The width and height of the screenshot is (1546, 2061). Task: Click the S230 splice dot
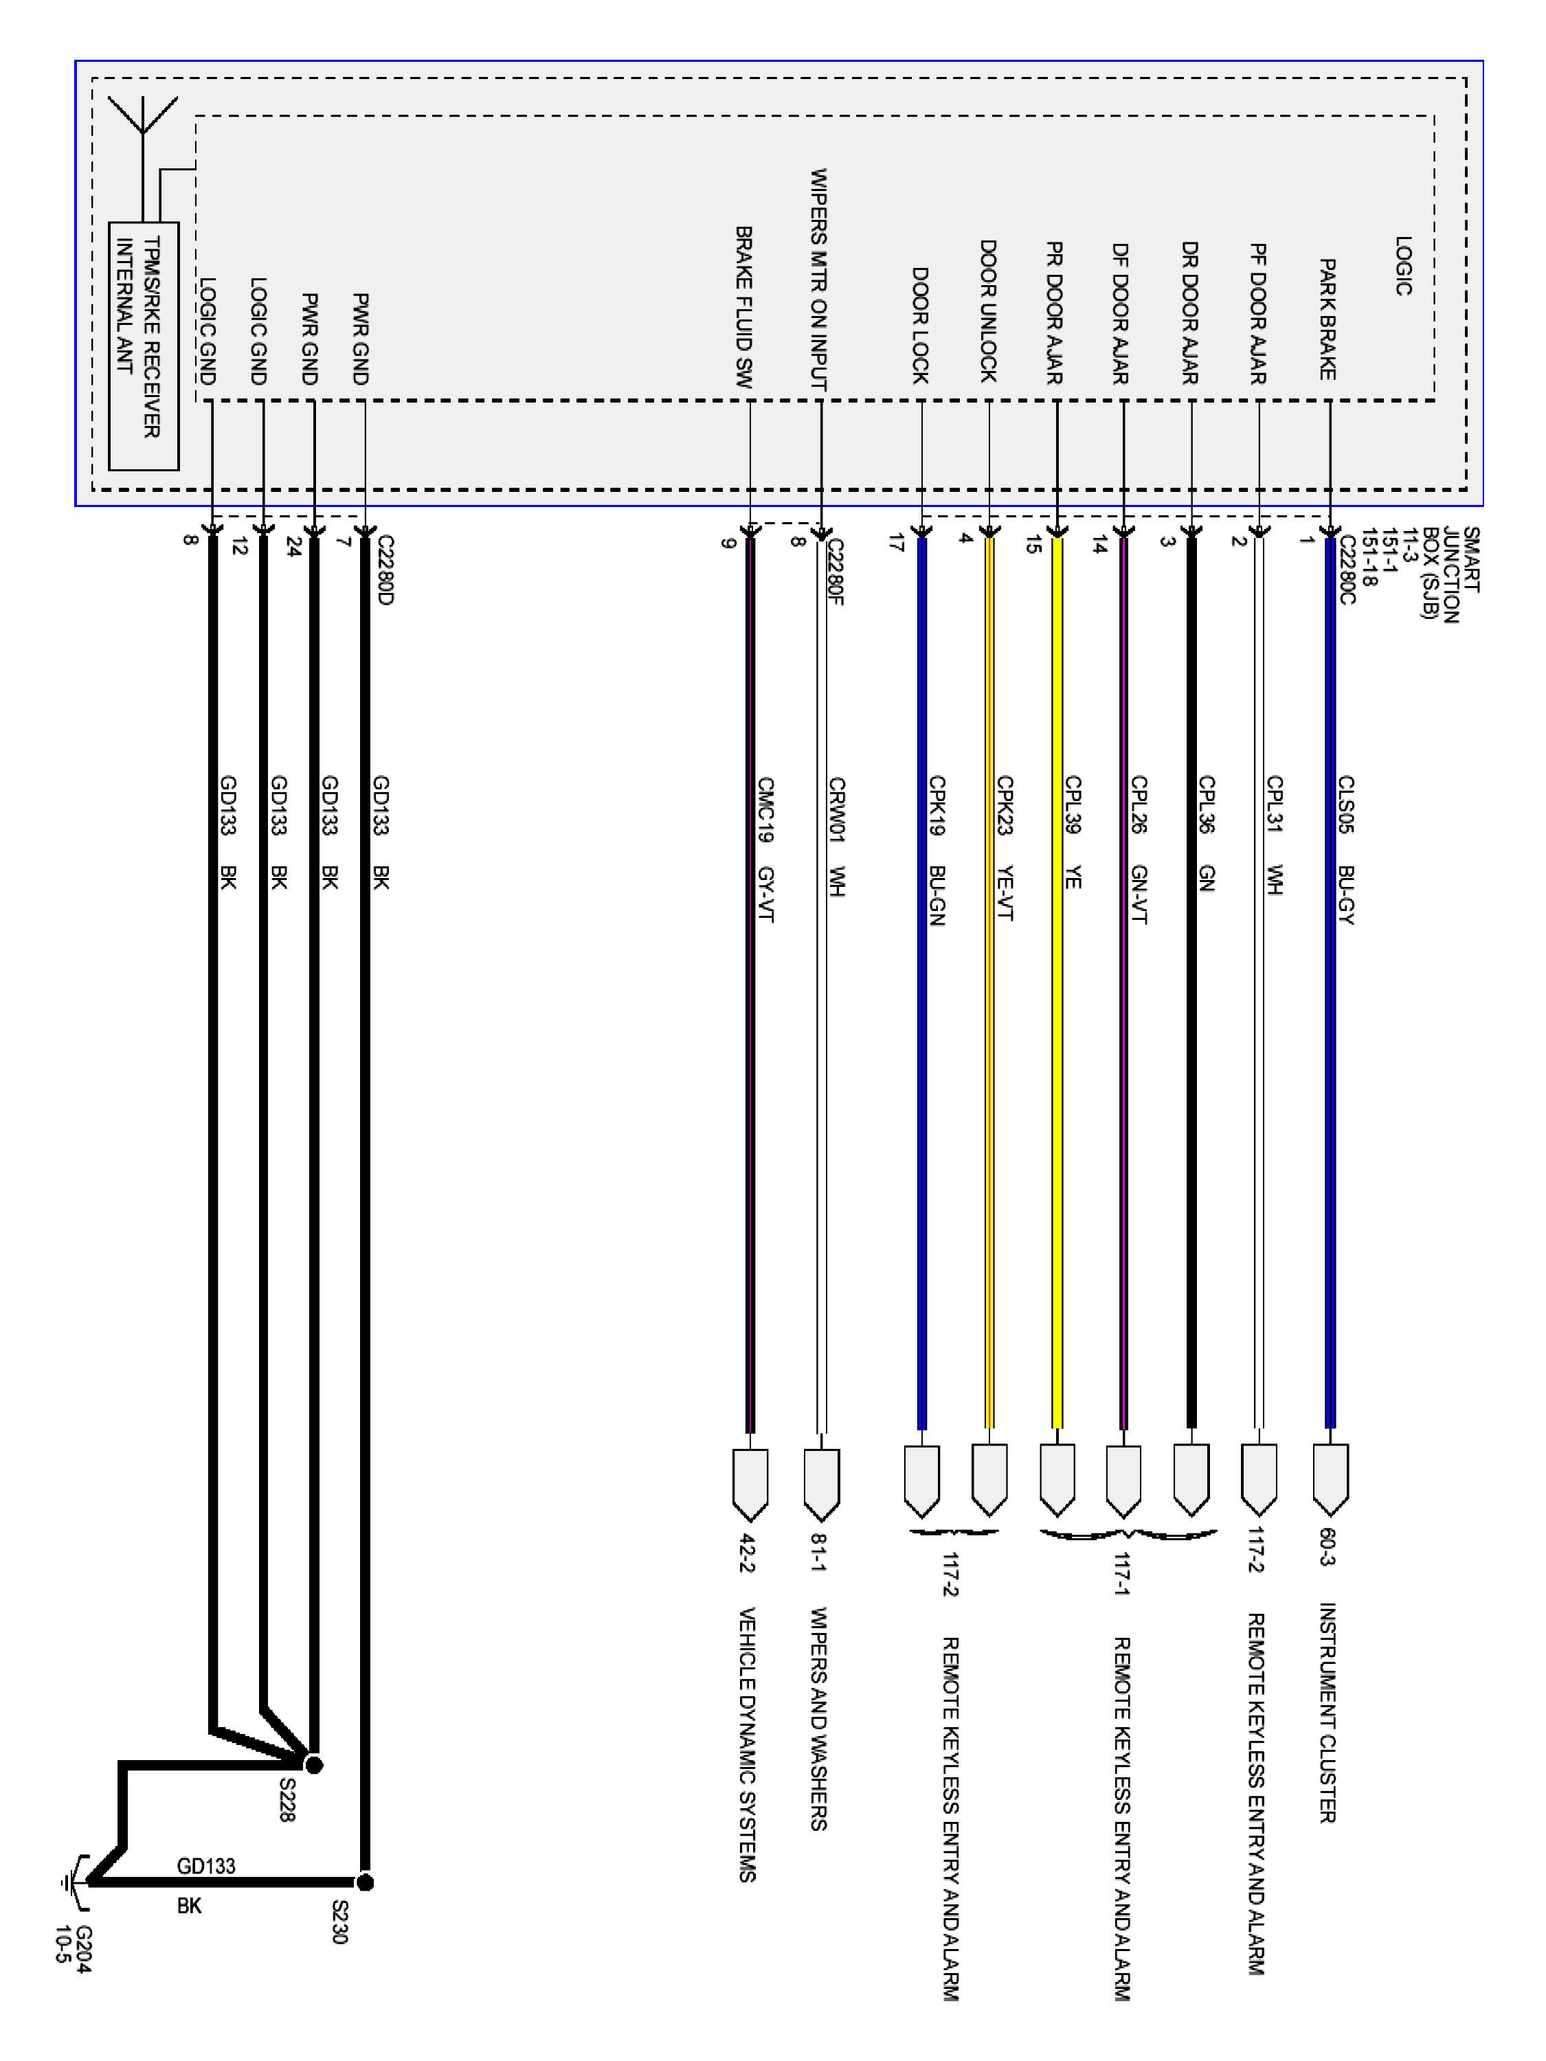(366, 1883)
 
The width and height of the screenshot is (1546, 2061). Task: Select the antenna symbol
(143, 121)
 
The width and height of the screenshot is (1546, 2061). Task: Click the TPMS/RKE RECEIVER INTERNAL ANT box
(144, 345)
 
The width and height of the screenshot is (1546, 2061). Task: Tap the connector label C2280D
(385, 570)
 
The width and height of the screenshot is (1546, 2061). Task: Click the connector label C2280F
(835, 571)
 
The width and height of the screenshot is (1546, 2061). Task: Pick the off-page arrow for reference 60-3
(1330, 1478)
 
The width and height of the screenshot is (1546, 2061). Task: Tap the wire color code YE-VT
(1005, 894)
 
